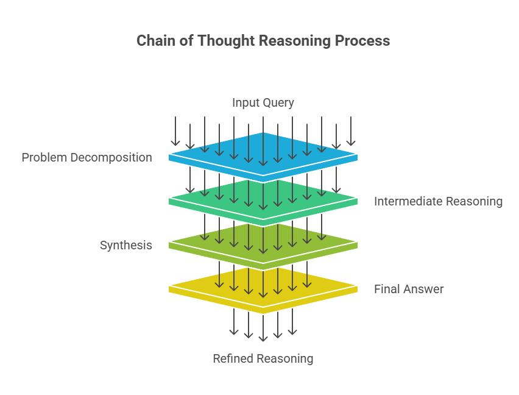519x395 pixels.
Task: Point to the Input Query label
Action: click(x=263, y=102)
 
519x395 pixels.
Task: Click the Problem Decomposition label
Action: click(x=86, y=157)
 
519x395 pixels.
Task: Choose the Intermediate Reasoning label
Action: click(x=438, y=201)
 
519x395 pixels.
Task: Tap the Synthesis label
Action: click(x=125, y=245)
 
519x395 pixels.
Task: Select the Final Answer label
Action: click(x=409, y=289)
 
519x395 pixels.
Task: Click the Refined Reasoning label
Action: click(x=263, y=358)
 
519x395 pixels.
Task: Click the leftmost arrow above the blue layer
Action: click(x=175, y=130)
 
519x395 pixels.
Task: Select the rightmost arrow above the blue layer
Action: click(x=351, y=130)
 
